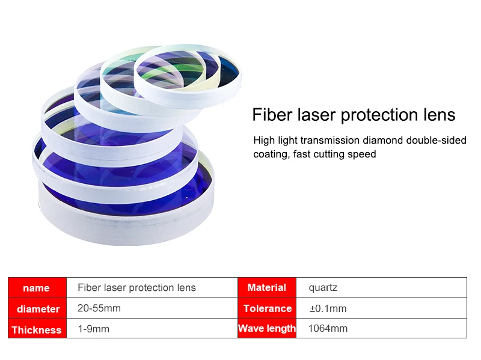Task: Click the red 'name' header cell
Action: pos(37,287)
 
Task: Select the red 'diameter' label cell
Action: pos(37,308)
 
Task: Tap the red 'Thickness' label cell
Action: pos(37,328)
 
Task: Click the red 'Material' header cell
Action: pos(267,287)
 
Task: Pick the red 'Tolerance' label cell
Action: pos(267,308)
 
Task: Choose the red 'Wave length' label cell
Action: pos(267,328)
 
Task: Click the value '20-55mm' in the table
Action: pos(99,308)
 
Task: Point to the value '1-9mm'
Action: pos(94,329)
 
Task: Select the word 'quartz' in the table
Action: pos(323,288)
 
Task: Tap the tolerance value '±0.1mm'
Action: pos(328,308)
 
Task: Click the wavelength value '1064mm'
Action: pos(328,328)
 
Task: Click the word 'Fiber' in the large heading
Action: pos(272,115)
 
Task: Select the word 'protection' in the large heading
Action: pos(380,115)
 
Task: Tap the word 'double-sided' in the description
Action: pos(437,140)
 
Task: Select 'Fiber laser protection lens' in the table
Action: pos(136,288)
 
